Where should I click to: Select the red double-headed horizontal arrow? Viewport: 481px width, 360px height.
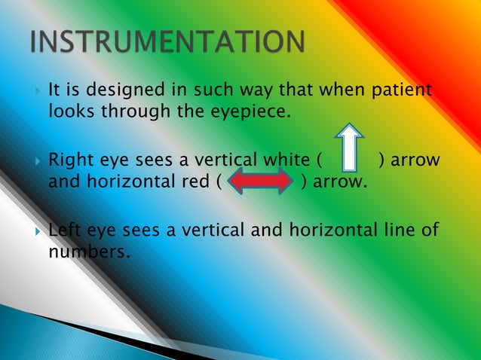259,181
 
